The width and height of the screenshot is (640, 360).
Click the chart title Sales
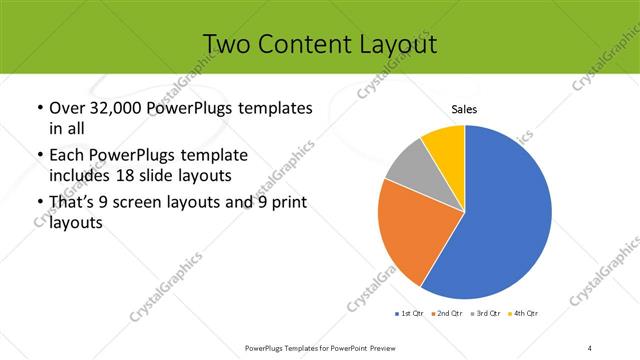coord(464,109)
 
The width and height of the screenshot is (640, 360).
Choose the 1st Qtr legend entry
coord(407,314)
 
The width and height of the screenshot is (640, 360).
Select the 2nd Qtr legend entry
coord(445,314)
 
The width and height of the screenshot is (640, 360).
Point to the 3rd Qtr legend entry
coord(484,314)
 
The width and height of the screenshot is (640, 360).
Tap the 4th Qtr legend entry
coord(523,314)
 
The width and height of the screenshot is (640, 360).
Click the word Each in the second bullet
coord(67,156)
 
